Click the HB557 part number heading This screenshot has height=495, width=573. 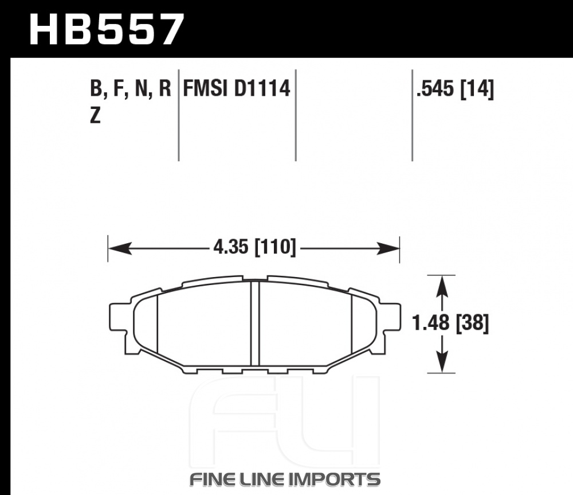click(106, 29)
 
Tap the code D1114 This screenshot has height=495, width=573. click(262, 88)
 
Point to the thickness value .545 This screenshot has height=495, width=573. click(436, 88)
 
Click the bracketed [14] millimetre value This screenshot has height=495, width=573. click(477, 89)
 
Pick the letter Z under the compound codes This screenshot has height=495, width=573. click(95, 116)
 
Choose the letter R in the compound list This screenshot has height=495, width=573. click(165, 88)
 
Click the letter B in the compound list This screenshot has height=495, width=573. click(96, 88)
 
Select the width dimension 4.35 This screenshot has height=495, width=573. click(231, 247)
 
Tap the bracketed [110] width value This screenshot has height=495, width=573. click(275, 247)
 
